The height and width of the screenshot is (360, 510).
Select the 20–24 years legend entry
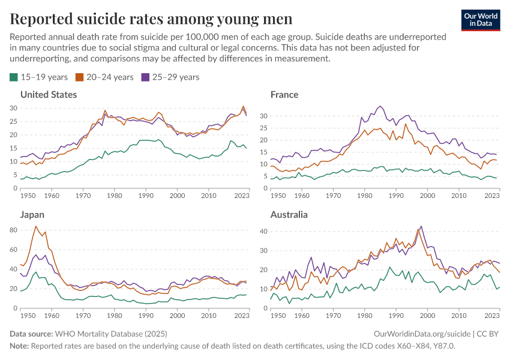point(104,77)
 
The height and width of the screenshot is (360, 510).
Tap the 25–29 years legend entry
point(170,77)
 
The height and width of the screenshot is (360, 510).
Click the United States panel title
point(49,95)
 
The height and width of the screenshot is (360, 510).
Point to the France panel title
point(284,95)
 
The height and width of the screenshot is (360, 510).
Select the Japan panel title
point(32,214)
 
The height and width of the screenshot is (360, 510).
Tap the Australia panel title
point(289,214)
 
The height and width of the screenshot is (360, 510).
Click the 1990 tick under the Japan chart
point(145,314)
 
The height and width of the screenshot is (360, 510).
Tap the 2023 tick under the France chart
point(491,196)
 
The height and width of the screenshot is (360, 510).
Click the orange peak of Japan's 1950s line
point(36,226)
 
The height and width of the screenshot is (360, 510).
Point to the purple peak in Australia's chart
point(421,226)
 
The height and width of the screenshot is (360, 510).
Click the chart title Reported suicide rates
point(151,19)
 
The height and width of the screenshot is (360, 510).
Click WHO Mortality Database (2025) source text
point(111,333)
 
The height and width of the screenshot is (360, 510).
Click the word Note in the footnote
point(19,346)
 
